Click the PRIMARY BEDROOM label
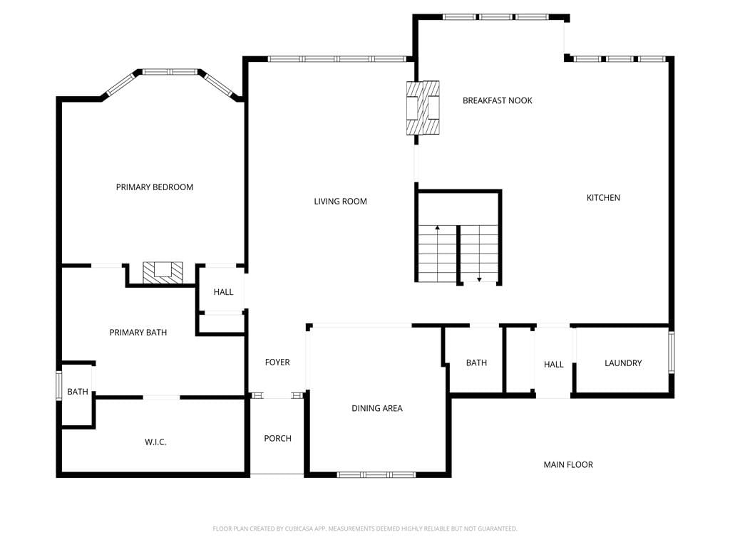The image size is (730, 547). click(155, 187)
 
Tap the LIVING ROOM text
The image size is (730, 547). click(340, 202)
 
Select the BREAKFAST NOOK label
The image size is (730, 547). click(497, 100)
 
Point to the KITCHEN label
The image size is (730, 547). click(603, 198)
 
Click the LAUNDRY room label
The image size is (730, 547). click(623, 363)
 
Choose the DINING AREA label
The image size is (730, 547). click(377, 408)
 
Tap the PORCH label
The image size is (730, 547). click(277, 438)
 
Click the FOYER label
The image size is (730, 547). click(277, 363)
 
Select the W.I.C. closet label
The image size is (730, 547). click(155, 442)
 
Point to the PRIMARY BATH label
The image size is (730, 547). click(138, 333)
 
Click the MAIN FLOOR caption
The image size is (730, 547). click(568, 464)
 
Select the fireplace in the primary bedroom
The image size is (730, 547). click(163, 273)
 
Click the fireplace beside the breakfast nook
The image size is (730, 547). click(423, 108)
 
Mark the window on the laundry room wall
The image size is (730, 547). click(672, 352)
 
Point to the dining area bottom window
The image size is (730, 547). click(376, 475)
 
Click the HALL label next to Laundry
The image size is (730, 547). click(553, 364)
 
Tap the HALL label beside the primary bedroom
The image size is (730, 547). click(223, 292)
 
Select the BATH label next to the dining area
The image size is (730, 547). click(476, 363)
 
